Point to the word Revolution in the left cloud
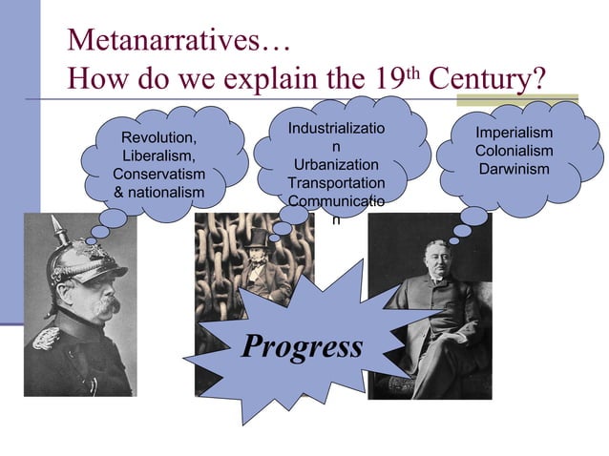coord(157,139)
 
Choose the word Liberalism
coord(158,156)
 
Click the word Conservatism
coord(158,175)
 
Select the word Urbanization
coord(335,165)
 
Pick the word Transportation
coord(336,183)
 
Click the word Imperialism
coord(514,133)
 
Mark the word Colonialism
coord(514,151)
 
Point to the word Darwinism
coord(514,169)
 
